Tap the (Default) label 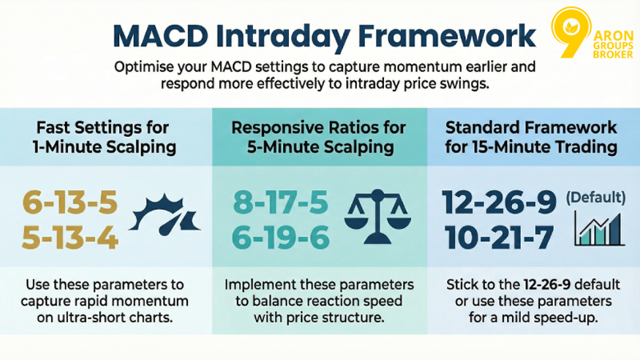coord(595,198)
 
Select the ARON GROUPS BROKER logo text coord(613,42)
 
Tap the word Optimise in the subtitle coord(146,66)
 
